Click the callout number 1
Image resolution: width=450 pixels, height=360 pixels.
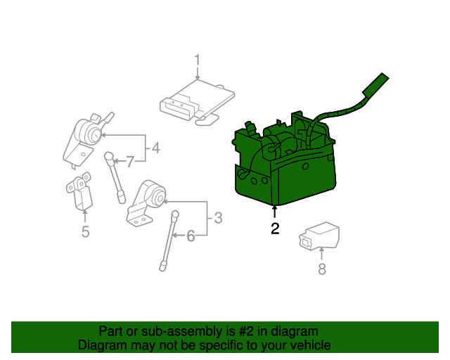[198, 60]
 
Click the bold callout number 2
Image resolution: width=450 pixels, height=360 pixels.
[274, 228]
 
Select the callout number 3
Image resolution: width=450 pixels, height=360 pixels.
[218, 218]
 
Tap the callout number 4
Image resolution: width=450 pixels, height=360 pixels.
[155, 148]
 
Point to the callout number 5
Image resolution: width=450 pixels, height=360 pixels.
[85, 231]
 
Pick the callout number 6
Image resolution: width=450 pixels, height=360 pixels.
[190, 236]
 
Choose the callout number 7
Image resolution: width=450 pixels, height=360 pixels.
[130, 162]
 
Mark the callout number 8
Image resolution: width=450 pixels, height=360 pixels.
[322, 269]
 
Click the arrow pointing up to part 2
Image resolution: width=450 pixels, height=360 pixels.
[274, 212]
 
